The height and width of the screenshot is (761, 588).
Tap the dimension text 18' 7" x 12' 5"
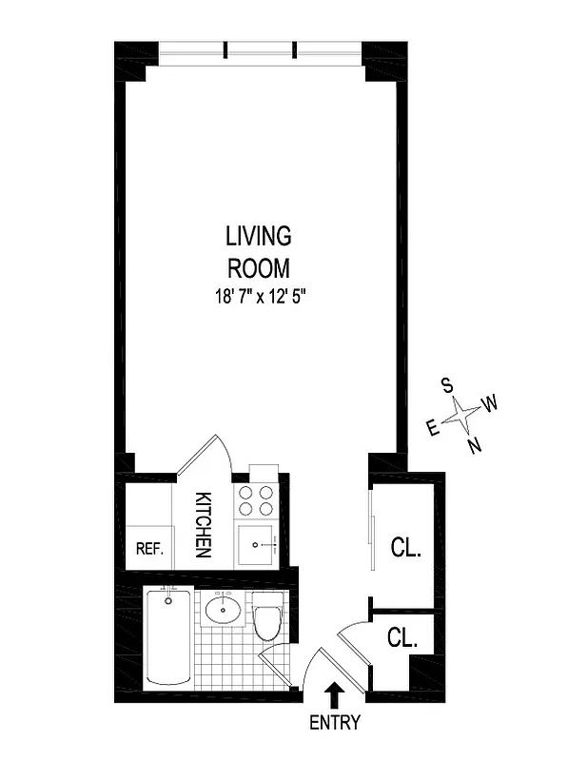pos(259,296)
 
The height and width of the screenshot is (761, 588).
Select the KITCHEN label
pos(203,524)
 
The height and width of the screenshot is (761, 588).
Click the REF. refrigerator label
pos(150,549)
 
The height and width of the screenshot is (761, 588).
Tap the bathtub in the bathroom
pos(169,634)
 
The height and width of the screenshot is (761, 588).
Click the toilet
pos(267,617)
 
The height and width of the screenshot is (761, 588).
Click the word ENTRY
pos(335,723)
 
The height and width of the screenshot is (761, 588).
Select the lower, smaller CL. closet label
pos(403,638)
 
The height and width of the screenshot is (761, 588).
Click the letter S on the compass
pos(446,385)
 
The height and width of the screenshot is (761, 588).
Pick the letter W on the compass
pos(491,403)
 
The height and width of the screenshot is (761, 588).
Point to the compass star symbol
pos(462,415)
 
